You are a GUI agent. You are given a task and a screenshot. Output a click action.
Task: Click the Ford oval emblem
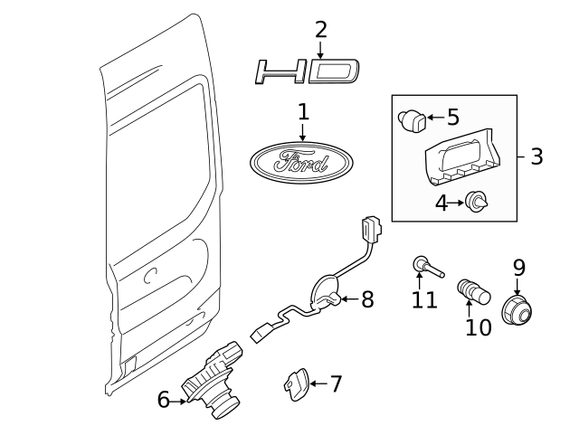pyautogui.click(x=300, y=164)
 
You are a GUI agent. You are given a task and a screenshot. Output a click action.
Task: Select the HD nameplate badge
pyautogui.click(x=308, y=71)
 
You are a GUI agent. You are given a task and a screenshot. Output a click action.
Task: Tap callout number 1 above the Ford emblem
pyautogui.click(x=303, y=112)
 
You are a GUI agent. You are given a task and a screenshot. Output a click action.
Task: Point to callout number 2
pyautogui.click(x=320, y=30)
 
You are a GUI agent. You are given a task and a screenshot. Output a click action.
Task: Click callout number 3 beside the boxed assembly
pyautogui.click(x=536, y=156)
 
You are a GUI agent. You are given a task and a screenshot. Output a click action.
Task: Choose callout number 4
pyautogui.click(x=441, y=204)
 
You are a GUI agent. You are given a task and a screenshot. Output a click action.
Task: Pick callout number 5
pyautogui.click(x=453, y=117)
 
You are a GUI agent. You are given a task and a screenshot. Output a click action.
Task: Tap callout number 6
pyautogui.click(x=164, y=399)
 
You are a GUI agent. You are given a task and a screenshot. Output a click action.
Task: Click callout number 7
pyautogui.click(x=336, y=383)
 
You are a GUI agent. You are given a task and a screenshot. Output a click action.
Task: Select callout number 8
pyautogui.click(x=366, y=299)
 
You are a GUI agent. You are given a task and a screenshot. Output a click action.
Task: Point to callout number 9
pyautogui.click(x=518, y=268)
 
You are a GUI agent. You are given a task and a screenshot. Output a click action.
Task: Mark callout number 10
pyautogui.click(x=478, y=327)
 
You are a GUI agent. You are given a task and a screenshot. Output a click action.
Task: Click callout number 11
pyautogui.click(x=424, y=299)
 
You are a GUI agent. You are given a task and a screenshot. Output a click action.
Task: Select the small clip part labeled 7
pyautogui.click(x=294, y=384)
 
